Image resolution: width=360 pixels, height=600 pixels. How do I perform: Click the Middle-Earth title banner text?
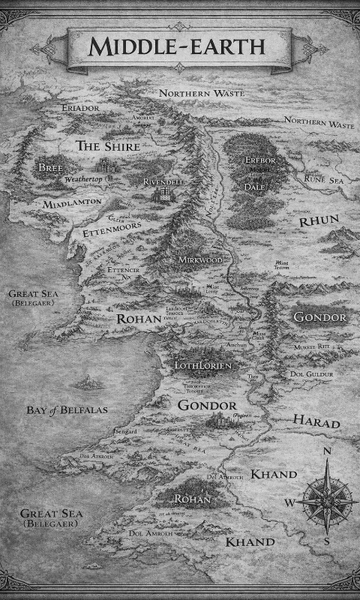tap(177, 46)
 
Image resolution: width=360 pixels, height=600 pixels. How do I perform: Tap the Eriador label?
tap(80, 109)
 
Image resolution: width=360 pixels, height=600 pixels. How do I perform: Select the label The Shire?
tap(108, 146)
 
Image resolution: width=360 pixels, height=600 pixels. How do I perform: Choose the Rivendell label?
tap(164, 181)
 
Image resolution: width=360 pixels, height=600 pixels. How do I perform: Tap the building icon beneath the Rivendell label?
tap(161, 194)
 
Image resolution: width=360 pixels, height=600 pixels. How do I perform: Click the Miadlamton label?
tap(73, 203)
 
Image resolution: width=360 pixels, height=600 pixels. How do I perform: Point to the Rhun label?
tap(319, 220)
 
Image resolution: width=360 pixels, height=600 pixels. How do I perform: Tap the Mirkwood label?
tap(200, 259)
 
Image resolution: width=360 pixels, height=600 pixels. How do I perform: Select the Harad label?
tap(316, 422)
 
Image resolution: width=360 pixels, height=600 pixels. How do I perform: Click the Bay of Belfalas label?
tap(67, 410)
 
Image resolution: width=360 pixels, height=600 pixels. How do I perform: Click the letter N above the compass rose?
tap(327, 451)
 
